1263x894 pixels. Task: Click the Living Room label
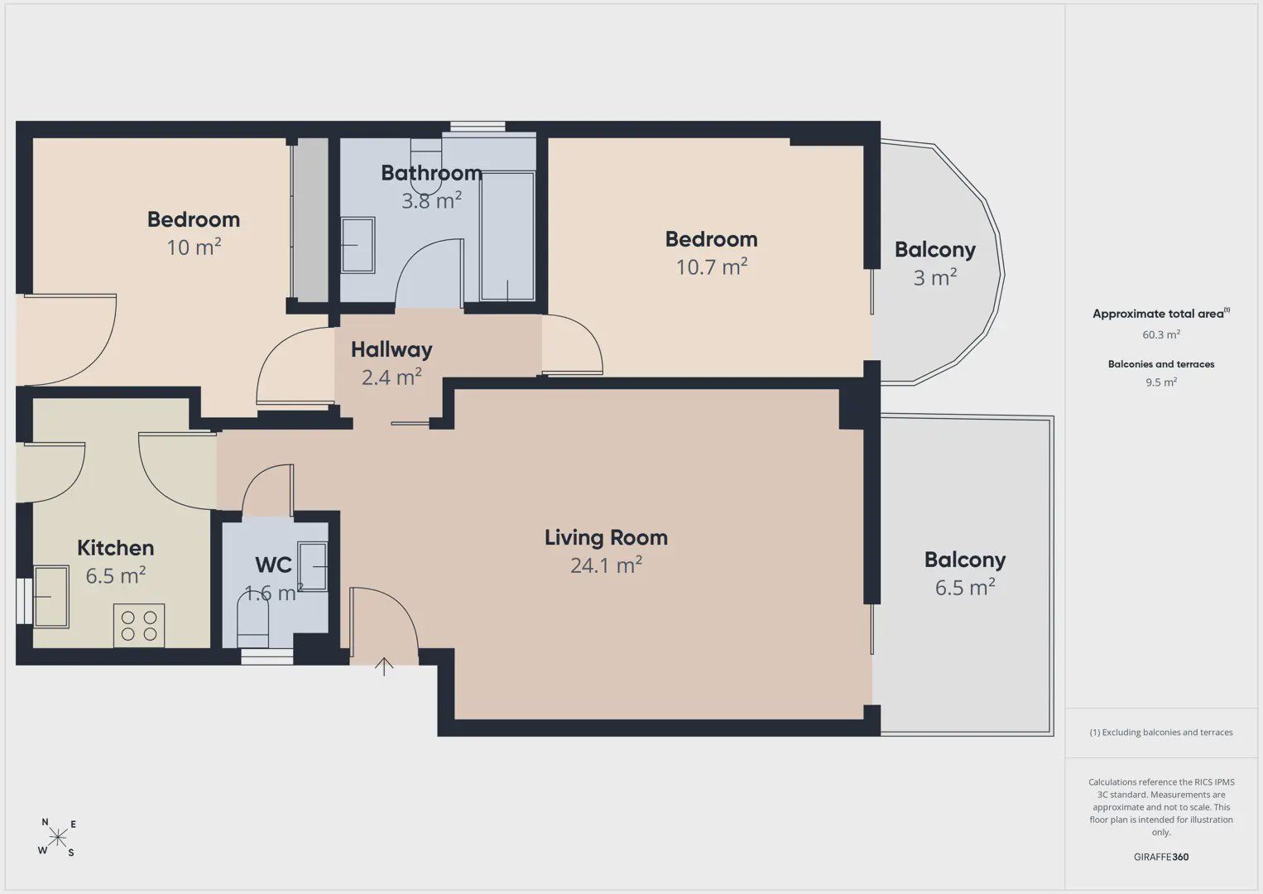pos(606,537)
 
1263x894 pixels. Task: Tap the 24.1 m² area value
pos(606,565)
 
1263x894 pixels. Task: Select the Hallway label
pos(391,350)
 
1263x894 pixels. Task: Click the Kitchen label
pos(116,548)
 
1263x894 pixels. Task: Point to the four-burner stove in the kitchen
pos(139,626)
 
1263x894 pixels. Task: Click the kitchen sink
pos(51,597)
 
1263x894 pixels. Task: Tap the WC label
pos(273,565)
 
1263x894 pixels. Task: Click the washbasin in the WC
pos(312,566)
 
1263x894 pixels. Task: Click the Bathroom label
pos(431,173)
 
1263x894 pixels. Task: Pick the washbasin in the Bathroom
pos(358,245)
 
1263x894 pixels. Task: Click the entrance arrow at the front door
pos(384,666)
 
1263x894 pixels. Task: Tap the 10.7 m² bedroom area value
pos(712,267)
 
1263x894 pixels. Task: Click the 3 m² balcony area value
pos(935,277)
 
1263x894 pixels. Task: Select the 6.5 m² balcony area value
pos(965,587)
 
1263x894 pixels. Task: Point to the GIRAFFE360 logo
pos(1161,857)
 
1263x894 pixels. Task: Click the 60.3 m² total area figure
pos(1161,334)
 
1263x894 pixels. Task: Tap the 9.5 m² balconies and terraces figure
pos(1161,382)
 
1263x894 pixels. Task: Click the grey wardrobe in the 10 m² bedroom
pos(310,220)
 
